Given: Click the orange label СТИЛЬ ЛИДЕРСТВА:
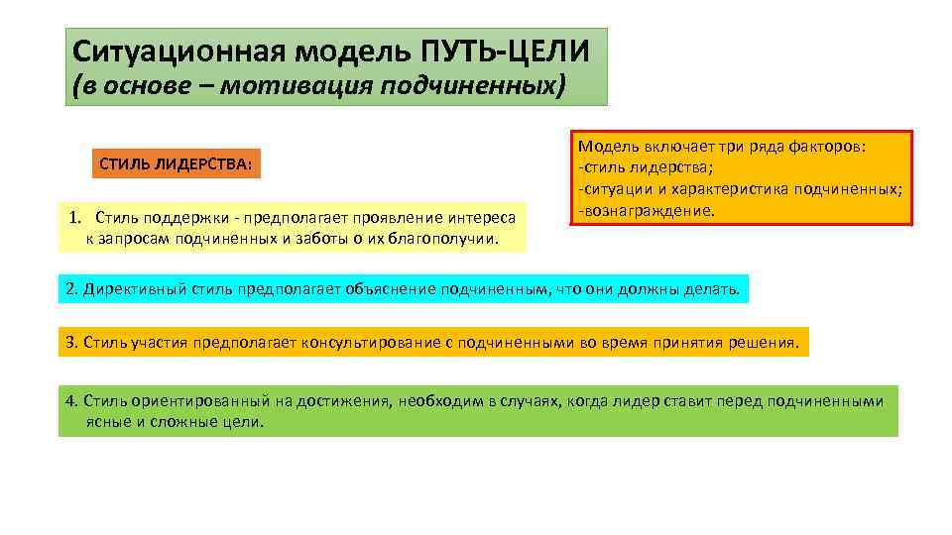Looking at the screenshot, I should point(176,162).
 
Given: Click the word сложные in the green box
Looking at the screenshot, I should point(166,421).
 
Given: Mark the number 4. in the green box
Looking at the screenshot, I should point(70,401).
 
